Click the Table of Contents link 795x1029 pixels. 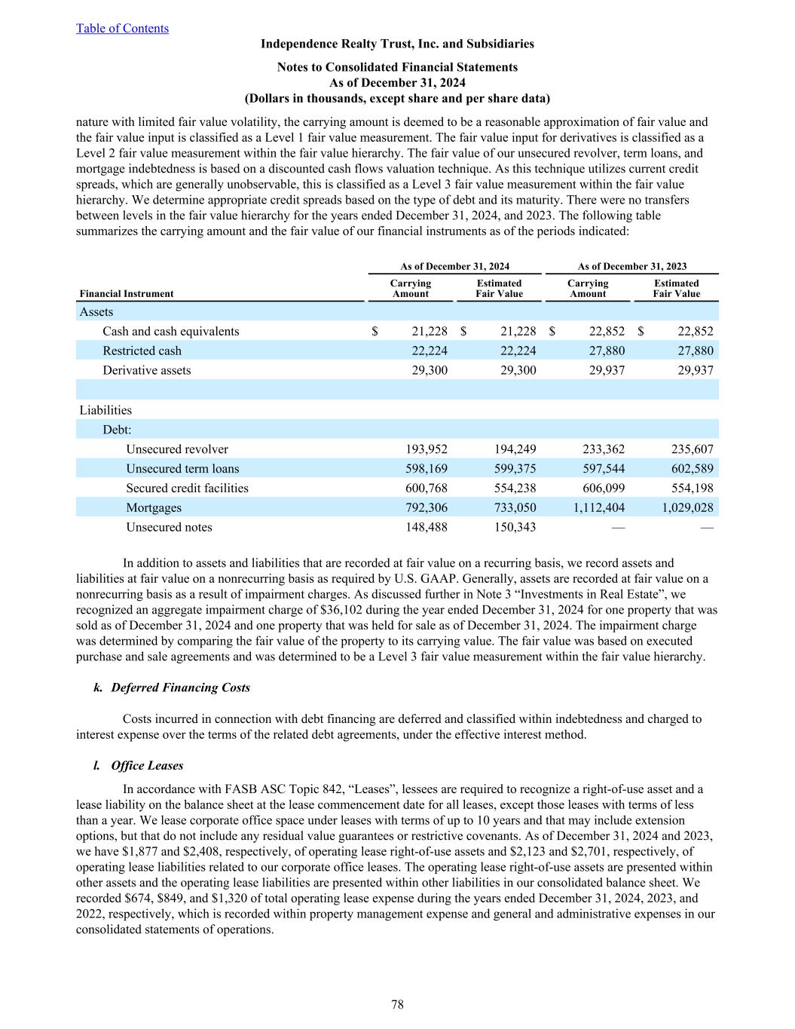point(122,29)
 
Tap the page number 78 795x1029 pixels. point(397,1004)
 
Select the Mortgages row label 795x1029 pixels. point(154,507)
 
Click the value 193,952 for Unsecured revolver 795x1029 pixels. point(427,449)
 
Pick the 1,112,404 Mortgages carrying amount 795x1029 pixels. point(599,507)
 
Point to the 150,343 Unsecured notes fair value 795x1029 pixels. point(515,527)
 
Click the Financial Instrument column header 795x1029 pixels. point(127,294)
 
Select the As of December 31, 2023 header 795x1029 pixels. point(632,266)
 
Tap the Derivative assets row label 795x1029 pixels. point(147,370)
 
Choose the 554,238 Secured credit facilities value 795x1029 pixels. point(515,488)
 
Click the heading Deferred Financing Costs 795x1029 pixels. point(180,688)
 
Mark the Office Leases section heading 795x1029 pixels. point(147,765)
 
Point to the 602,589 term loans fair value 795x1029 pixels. point(693,468)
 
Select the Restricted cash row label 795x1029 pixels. point(142,351)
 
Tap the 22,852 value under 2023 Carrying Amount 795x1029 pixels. point(604,331)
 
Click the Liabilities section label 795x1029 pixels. point(105,410)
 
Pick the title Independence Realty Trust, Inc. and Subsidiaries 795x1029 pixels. point(397,44)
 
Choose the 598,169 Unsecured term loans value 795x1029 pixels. point(427,468)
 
